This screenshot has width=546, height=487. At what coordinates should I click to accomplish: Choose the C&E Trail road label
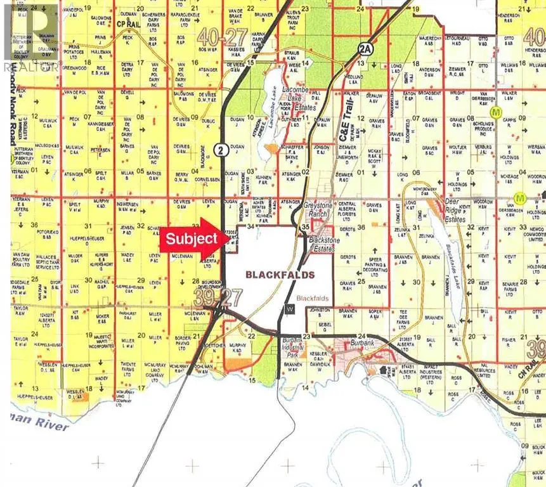point(345,124)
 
